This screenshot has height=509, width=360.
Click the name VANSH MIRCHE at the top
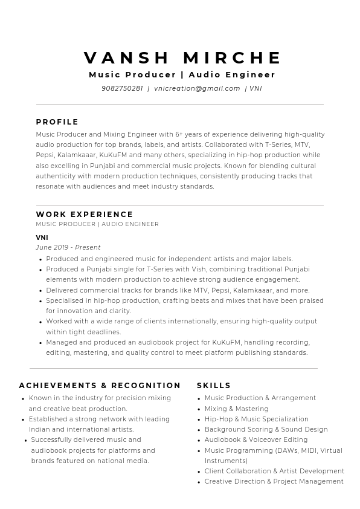pyautogui.click(x=183, y=58)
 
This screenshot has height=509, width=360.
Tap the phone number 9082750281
pyautogui.click(x=122, y=88)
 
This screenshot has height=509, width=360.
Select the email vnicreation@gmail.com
pyautogui.click(x=197, y=88)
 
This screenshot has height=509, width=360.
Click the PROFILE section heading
pyautogui.click(x=57, y=122)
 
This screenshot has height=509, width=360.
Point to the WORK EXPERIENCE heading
pyautogui.click(x=85, y=215)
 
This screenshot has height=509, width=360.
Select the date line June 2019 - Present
pyautogui.click(x=68, y=247)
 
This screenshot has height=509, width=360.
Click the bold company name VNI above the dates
pyautogui.click(x=42, y=238)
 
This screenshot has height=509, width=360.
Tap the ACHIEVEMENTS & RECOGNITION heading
pyautogui.click(x=100, y=386)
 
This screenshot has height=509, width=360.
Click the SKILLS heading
pyautogui.click(x=214, y=386)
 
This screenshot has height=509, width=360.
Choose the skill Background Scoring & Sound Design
pyautogui.click(x=266, y=429)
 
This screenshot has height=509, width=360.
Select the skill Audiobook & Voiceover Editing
pyautogui.click(x=256, y=439)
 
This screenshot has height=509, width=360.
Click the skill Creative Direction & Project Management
pyautogui.click(x=274, y=481)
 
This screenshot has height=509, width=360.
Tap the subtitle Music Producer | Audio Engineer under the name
pyautogui.click(x=182, y=75)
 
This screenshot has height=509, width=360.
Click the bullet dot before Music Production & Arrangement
pyautogui.click(x=199, y=399)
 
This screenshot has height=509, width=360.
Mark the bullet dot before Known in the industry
pyautogui.click(x=23, y=399)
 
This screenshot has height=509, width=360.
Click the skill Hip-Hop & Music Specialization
pyautogui.click(x=256, y=419)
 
